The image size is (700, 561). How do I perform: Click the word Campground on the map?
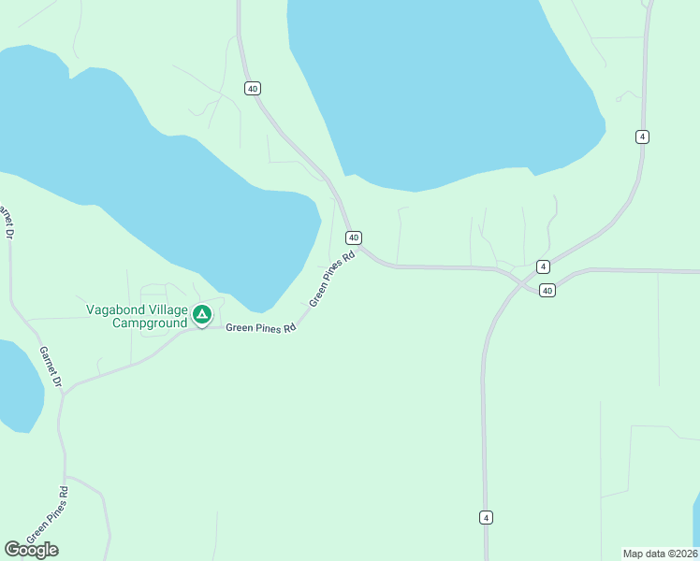[x=150, y=324]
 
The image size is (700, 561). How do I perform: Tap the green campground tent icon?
[x=201, y=314]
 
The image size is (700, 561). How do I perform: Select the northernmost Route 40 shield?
[x=253, y=88]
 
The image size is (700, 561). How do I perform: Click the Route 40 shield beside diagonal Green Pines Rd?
[x=354, y=237]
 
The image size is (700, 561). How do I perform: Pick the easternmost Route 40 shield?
[x=547, y=291]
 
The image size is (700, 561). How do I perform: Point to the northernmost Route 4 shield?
[x=642, y=137]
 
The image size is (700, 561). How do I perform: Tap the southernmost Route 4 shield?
[x=486, y=517]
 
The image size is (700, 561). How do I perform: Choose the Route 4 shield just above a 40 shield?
[x=543, y=266]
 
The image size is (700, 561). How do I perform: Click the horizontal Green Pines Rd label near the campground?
[x=261, y=328]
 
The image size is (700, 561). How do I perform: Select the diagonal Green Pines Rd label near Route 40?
[x=332, y=279]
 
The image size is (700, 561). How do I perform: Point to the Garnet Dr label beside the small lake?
[x=50, y=367]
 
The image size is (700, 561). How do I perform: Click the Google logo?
[x=32, y=550]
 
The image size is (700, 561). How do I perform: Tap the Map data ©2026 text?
[x=660, y=553]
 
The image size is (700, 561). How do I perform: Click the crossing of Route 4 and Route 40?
[x=516, y=280]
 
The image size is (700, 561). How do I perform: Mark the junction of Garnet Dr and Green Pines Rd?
[x=63, y=391]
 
